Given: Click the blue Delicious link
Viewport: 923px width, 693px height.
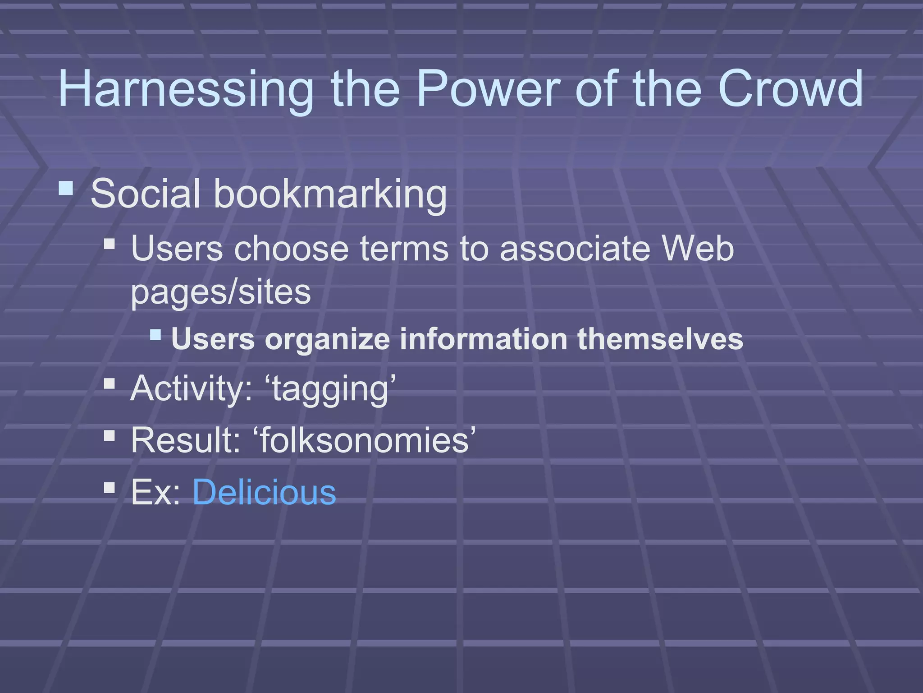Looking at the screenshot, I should coord(264,492).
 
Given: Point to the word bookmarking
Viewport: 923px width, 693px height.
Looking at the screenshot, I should coord(330,194).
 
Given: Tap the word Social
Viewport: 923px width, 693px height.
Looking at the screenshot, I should coord(145,194).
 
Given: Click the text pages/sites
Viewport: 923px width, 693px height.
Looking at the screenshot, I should coord(221,292).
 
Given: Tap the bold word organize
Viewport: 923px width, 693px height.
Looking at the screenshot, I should coord(327,339).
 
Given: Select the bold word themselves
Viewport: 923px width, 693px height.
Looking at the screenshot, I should coord(660,339).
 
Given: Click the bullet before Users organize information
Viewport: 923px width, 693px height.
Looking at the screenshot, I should coord(155,334).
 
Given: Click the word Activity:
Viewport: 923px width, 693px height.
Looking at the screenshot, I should coord(191,389).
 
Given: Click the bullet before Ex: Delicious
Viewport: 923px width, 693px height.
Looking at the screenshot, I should coord(109,487).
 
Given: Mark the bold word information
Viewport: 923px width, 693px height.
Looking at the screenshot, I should coord(483,339).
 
